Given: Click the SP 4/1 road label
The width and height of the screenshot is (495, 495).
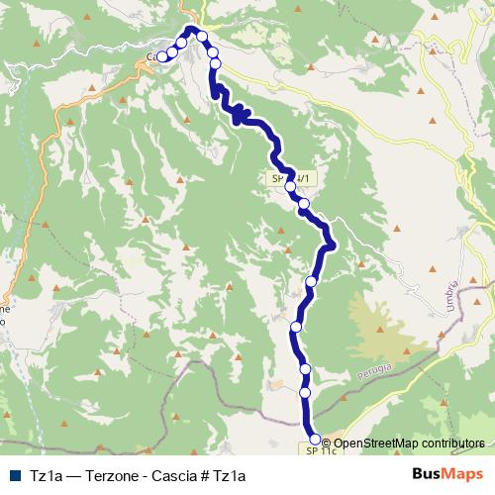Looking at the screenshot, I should (x=289, y=179).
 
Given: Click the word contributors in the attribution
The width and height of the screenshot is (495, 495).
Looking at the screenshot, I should (x=449, y=444).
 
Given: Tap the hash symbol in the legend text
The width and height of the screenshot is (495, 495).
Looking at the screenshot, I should (x=203, y=475).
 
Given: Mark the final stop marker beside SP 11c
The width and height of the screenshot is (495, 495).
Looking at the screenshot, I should (x=316, y=439).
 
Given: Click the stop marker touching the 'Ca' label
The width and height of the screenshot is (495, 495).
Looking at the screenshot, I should (x=162, y=57).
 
